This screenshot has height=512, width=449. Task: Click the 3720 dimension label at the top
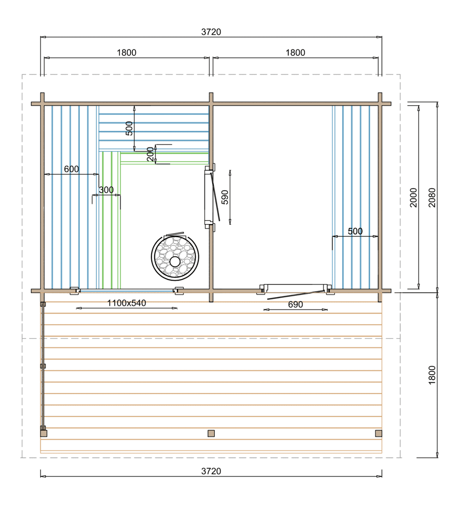[x=211, y=32]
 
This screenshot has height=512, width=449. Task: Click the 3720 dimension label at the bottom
[x=211, y=471]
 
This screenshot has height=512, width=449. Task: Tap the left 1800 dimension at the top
[x=126, y=53]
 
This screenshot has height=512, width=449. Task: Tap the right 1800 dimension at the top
[x=295, y=53]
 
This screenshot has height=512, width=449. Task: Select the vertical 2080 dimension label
[x=432, y=198]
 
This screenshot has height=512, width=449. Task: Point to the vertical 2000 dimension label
[x=413, y=198]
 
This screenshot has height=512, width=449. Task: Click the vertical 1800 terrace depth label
[x=432, y=375]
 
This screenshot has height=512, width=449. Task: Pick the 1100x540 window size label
[x=127, y=303]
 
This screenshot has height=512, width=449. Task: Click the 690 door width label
[x=296, y=304]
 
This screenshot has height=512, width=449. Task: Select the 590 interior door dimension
[x=225, y=197]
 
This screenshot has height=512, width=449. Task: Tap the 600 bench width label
[x=71, y=169]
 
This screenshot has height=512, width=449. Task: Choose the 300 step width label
[x=106, y=190]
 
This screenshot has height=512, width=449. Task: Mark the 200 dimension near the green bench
[x=150, y=154]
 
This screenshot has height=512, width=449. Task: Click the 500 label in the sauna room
[x=129, y=128]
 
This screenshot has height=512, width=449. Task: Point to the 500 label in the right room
[x=355, y=231]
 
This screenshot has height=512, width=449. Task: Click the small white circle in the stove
[x=175, y=261]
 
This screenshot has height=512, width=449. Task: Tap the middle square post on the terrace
[x=211, y=433]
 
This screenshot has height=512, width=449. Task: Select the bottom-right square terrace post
[x=378, y=433]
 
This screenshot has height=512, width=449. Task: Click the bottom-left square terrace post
[x=43, y=433]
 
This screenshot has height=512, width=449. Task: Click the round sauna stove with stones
[x=175, y=257]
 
